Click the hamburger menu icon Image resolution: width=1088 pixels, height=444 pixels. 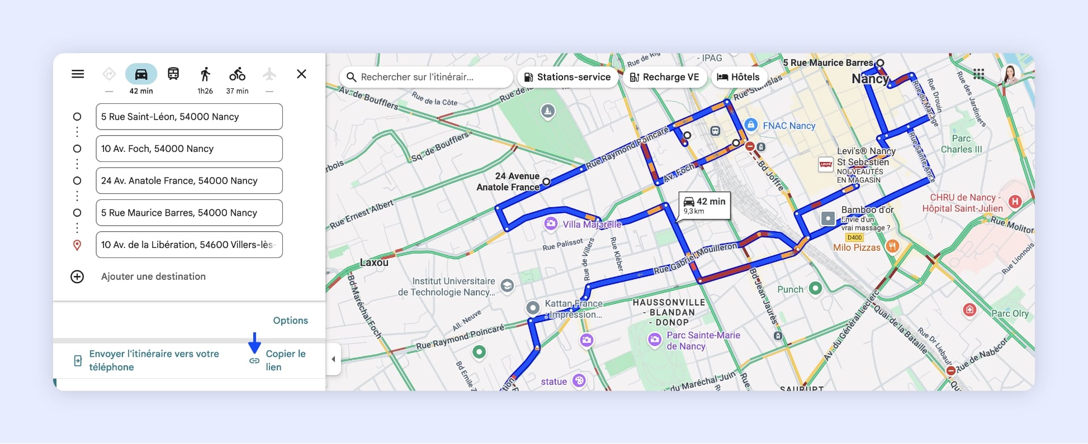78,74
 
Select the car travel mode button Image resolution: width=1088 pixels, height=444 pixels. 141,74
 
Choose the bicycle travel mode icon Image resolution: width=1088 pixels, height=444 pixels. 237,74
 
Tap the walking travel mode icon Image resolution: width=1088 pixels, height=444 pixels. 205,74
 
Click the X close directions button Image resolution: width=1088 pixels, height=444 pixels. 301,74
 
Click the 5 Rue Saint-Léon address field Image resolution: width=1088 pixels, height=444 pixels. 189,117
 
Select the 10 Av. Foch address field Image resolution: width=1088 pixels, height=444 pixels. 189,149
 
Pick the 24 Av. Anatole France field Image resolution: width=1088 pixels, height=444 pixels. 189,180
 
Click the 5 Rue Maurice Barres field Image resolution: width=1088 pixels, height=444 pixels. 189,213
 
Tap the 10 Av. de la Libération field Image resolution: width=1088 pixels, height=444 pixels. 189,245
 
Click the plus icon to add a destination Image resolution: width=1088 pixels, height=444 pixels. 77,276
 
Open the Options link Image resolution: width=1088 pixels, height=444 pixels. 290,321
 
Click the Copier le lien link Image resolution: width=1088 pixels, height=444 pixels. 285,360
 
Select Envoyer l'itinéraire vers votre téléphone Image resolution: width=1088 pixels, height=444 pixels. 154,360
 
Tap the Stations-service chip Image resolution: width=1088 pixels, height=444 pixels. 567,77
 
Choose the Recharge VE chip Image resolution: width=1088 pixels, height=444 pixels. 664,77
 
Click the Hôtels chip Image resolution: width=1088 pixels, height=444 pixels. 738,77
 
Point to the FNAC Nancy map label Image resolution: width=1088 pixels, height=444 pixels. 788,126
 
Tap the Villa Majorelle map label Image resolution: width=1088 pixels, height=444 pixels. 592,225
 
